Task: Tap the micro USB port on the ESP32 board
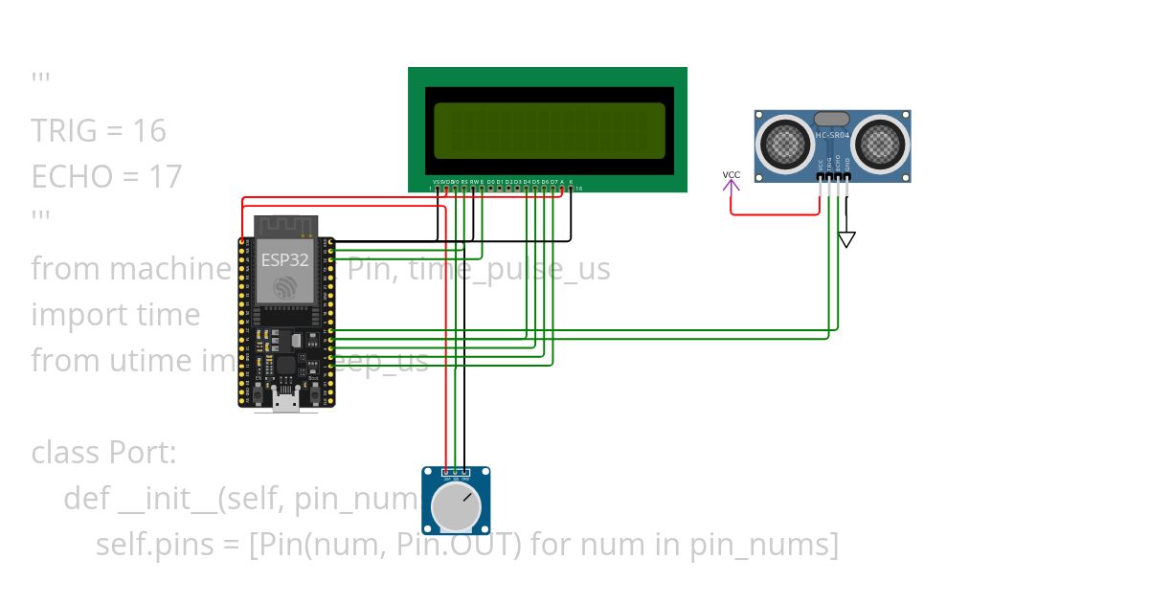(x=285, y=400)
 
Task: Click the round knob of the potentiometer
(x=456, y=508)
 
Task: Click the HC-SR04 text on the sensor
(x=832, y=136)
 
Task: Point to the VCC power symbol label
(x=732, y=175)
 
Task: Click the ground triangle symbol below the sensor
(x=846, y=239)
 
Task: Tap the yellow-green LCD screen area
(x=549, y=130)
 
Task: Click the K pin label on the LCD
(x=571, y=181)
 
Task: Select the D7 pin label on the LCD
(x=553, y=181)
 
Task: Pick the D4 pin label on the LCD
(x=527, y=181)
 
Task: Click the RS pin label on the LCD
(x=464, y=181)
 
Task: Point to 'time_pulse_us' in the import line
(x=508, y=269)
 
